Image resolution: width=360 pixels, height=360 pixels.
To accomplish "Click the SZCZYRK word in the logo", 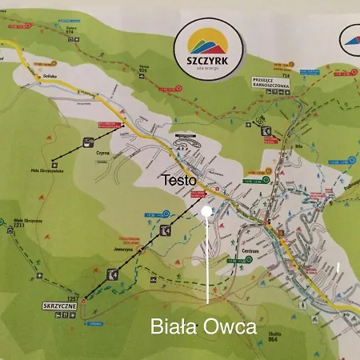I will point(205,60).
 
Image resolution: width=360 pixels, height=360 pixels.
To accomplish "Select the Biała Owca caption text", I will point(203,327).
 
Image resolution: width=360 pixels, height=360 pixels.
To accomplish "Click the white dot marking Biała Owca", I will point(206,211).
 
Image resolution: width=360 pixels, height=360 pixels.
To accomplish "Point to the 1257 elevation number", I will point(73,299).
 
